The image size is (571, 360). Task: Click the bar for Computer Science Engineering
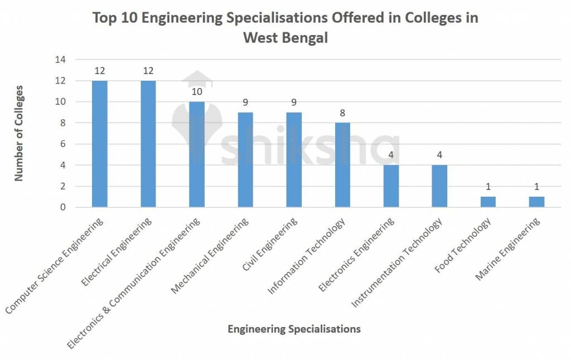[100, 144]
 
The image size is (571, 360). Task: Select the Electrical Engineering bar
[148, 144]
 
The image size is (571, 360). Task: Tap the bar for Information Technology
[342, 165]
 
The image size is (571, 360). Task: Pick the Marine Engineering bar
[536, 202]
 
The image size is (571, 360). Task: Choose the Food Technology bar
[488, 202]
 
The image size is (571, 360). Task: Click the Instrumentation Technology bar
[439, 186]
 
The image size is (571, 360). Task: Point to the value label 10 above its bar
[197, 91]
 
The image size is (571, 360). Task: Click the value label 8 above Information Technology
[342, 113]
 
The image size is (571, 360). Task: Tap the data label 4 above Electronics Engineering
[391, 155]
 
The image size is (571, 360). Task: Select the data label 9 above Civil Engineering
[294, 102]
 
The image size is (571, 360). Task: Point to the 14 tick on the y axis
[60, 60]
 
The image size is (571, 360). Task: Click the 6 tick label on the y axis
[63, 144]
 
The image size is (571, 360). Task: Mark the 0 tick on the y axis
[63, 207]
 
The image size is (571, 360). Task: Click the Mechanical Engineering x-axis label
[210, 256]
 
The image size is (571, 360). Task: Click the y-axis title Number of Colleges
[19, 133]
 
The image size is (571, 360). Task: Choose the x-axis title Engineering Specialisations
[294, 329]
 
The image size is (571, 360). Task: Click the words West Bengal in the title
[285, 38]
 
